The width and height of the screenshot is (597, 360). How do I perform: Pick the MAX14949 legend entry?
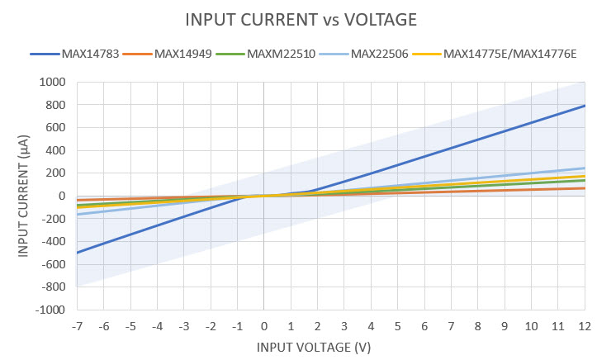(x=182, y=54)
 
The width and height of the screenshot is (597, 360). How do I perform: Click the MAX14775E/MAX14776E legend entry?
(x=509, y=54)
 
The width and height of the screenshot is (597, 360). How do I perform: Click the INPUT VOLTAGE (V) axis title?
(x=314, y=348)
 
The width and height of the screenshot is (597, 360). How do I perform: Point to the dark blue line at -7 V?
(x=77, y=253)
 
